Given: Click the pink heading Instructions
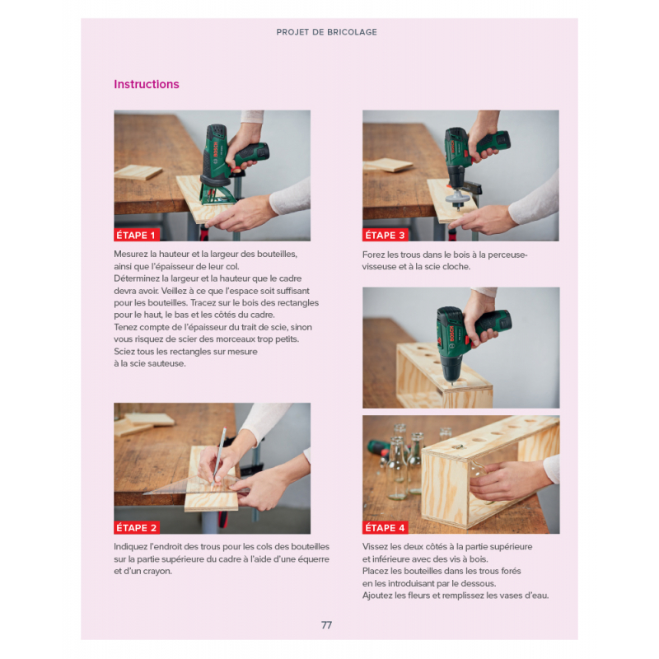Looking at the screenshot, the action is [147, 84].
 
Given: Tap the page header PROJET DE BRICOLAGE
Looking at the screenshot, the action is [326, 32].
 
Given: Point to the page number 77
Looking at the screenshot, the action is [326, 625].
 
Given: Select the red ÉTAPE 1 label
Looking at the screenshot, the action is [136, 235].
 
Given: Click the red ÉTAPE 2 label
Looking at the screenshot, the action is [137, 528].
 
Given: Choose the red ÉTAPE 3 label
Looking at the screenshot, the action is [385, 235].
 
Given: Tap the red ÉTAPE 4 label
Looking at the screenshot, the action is [385, 528].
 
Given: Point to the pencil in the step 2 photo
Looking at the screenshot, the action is [219, 456].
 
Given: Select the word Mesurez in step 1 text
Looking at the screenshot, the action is [131, 255].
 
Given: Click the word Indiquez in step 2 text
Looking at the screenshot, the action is [131, 547].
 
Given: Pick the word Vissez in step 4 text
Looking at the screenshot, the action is [375, 547].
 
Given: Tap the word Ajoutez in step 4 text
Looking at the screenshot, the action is [377, 596].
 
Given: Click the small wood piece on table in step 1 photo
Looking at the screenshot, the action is [138, 172].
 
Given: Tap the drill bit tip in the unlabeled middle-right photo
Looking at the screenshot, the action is [452, 383].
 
